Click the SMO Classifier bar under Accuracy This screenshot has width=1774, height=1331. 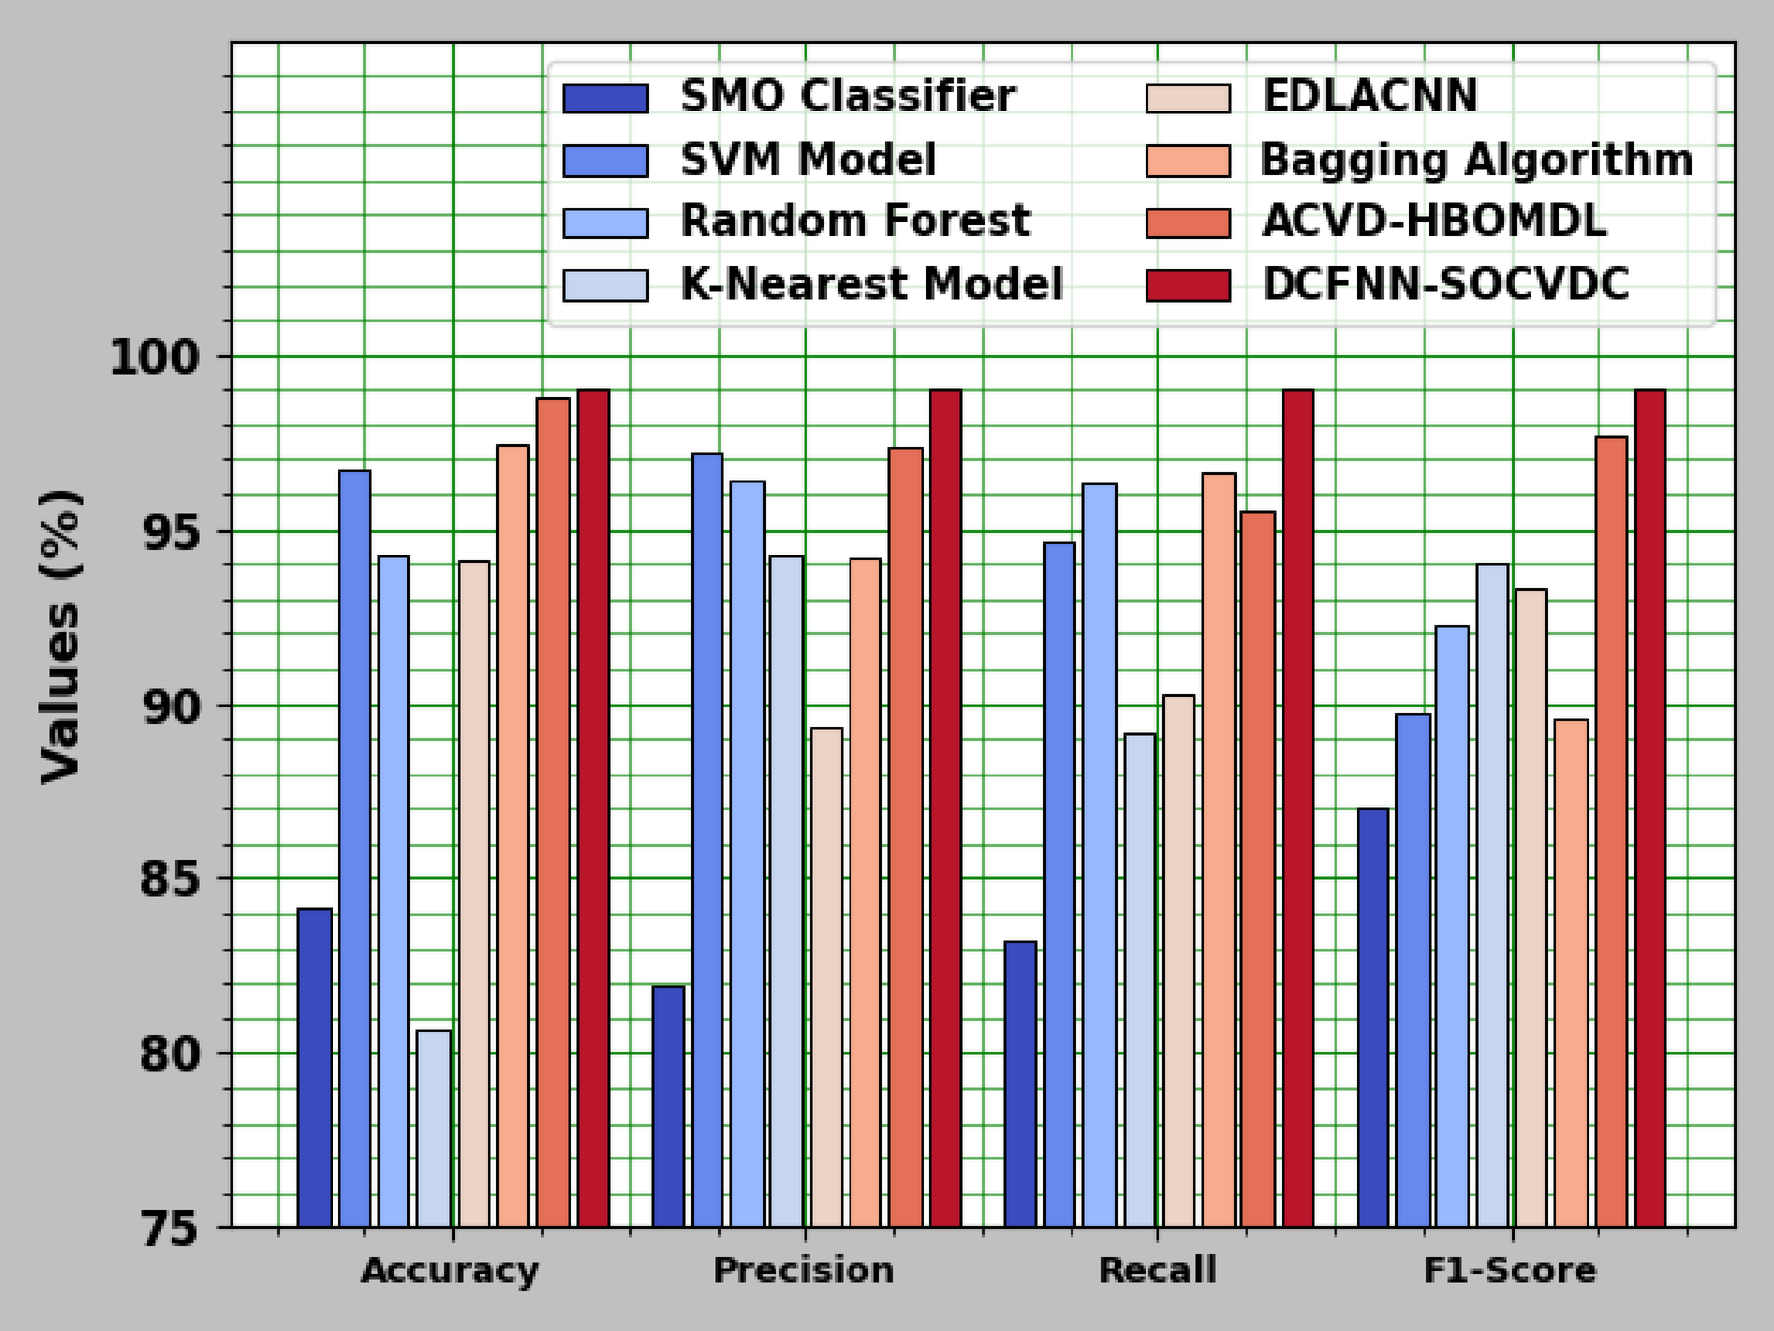(315, 1068)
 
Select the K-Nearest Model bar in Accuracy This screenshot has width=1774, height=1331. (434, 1129)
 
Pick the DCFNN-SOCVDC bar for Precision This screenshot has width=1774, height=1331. (945, 808)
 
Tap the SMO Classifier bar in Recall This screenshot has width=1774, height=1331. (1021, 1084)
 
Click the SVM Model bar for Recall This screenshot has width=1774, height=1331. (1060, 884)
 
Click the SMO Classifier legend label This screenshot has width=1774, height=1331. (848, 96)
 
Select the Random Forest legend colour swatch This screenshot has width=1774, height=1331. (606, 223)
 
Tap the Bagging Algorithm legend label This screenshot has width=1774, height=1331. (1477, 160)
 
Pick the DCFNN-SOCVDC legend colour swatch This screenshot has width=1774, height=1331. (1188, 286)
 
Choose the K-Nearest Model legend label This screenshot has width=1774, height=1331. (871, 284)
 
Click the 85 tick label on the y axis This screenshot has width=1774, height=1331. (170, 878)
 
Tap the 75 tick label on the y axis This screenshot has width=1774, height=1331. (170, 1229)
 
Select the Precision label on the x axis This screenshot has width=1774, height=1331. (804, 1270)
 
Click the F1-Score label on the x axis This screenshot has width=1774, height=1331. (1510, 1270)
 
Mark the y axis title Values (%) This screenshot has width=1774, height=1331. (61, 636)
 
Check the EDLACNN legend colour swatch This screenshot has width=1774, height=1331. (1188, 98)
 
